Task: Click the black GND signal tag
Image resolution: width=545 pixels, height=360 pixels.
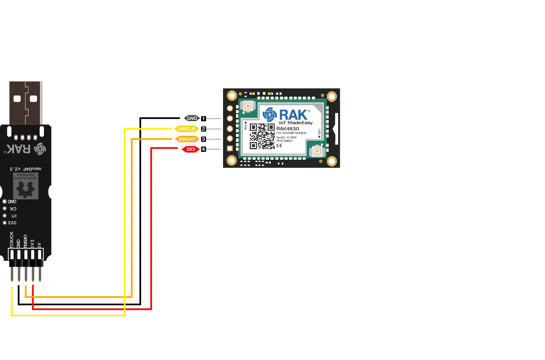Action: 192,118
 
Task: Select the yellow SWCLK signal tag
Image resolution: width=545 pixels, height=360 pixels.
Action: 187,129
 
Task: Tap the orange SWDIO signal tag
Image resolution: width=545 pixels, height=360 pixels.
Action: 187,139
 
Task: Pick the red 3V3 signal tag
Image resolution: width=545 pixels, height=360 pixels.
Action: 190,149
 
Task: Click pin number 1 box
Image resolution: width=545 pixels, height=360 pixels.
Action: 204,119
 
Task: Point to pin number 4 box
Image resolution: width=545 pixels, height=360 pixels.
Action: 204,149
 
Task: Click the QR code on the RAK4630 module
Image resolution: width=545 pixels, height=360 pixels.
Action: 262,136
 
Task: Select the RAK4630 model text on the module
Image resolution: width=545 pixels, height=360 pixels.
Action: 288,129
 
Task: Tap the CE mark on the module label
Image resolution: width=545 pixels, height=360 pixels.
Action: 279,146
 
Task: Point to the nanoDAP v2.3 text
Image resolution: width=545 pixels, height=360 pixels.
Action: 26,169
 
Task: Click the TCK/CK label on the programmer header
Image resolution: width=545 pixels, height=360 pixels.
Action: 12,239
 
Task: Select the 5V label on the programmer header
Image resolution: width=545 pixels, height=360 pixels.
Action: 39,245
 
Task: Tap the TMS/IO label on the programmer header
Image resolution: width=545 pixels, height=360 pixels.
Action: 25,241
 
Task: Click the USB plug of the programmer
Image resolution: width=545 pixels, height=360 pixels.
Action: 26,103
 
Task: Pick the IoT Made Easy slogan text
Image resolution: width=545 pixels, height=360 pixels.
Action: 296,123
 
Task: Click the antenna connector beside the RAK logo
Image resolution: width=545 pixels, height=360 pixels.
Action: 248,106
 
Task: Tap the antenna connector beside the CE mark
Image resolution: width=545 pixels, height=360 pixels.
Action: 317,151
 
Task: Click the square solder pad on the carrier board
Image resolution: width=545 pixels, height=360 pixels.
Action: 230,148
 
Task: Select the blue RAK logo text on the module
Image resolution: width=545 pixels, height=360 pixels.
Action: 293,115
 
